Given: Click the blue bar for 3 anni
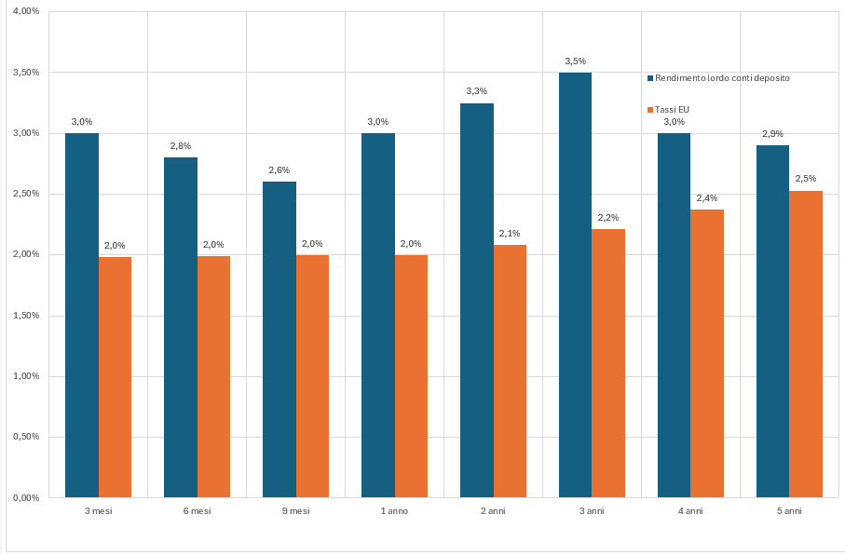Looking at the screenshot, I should [x=575, y=285].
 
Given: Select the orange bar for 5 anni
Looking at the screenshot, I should [x=806, y=344].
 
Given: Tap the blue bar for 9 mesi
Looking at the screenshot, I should [x=279, y=339].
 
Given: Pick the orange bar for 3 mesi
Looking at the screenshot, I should [x=115, y=376].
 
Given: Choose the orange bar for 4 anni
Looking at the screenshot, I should [x=707, y=353].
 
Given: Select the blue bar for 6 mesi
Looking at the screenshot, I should [x=180, y=327].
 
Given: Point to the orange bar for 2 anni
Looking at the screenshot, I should [x=510, y=371].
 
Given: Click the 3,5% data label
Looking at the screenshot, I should [x=575, y=61].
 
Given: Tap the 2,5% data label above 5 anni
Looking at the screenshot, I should [x=806, y=179].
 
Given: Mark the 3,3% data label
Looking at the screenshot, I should [x=476, y=91].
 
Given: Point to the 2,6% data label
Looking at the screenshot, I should [x=279, y=170].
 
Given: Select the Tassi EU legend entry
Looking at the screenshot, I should [x=672, y=110].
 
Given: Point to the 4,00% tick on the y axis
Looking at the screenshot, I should [x=24, y=11].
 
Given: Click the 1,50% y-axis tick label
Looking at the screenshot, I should [x=24, y=316].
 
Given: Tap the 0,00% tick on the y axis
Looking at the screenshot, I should [x=24, y=498].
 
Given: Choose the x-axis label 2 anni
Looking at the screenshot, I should [x=493, y=511].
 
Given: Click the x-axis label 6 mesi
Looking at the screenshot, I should [x=197, y=511].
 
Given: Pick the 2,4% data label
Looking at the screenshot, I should [x=707, y=198].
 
